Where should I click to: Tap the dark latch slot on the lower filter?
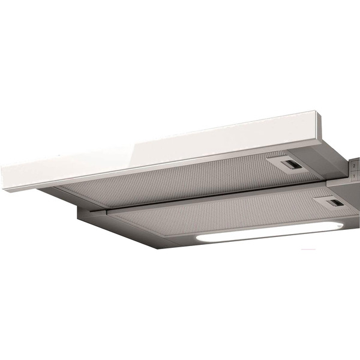coord(337,203)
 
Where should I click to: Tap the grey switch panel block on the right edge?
coord(355,168)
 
